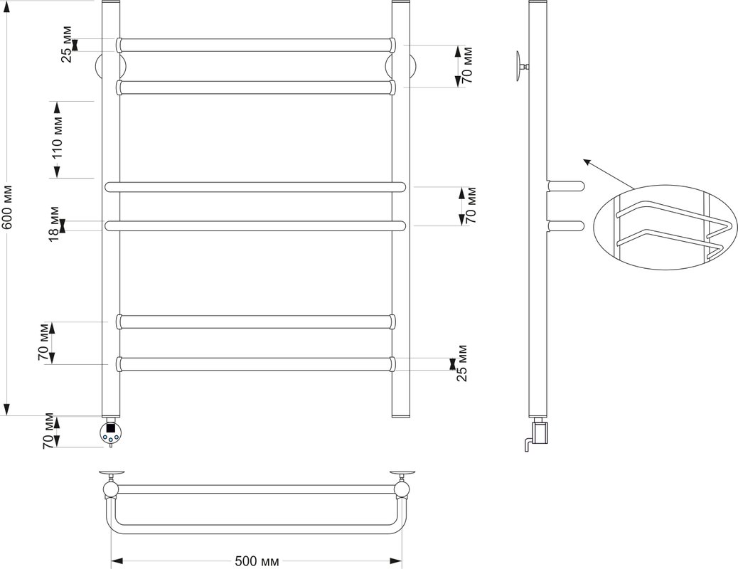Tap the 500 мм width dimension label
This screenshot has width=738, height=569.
257,561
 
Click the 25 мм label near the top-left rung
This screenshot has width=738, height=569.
67,45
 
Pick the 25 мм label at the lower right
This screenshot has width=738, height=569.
462,363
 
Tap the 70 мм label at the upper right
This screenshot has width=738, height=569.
466,65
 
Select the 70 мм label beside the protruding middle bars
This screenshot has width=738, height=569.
471,206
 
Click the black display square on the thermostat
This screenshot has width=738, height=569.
111,429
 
